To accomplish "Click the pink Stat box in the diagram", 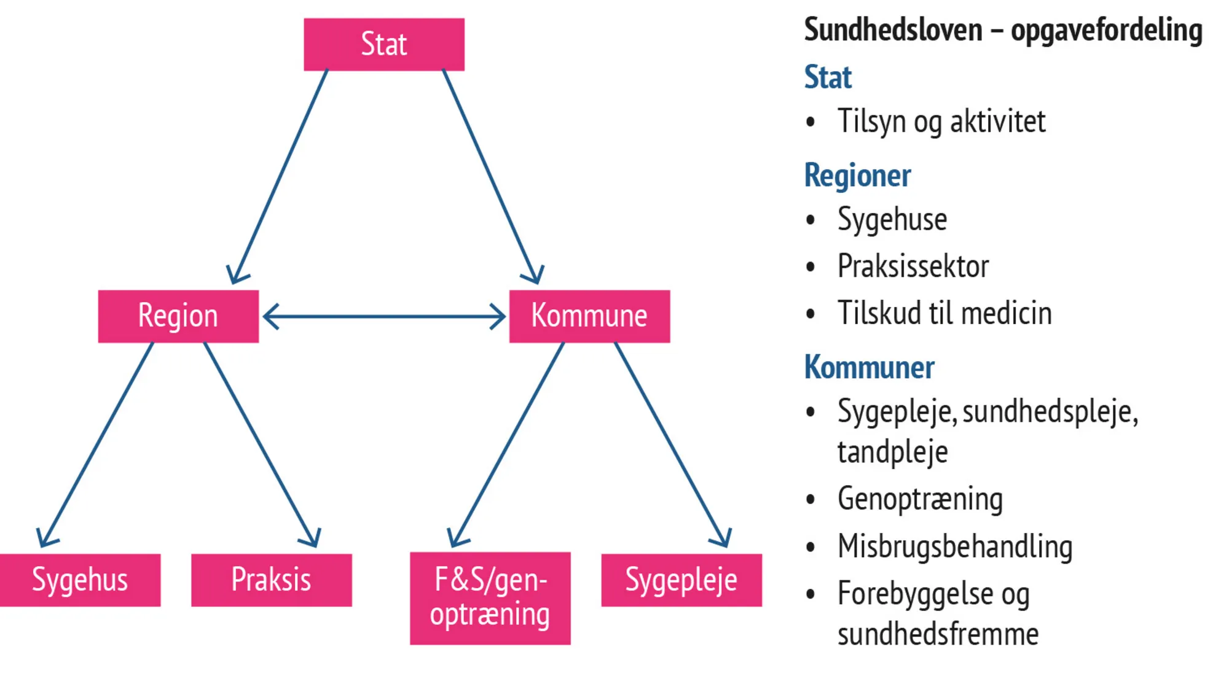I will coord(384,44).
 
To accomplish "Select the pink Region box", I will coord(178,316).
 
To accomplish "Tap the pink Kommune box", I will coord(589,316).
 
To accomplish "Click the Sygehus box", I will coord(80,580).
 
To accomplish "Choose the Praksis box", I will coord(271,580).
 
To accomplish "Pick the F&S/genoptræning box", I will coord(490,598).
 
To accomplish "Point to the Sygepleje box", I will coord(681,580).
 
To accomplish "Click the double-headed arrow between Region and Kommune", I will coord(384,317).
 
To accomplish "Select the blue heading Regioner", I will coord(857,176).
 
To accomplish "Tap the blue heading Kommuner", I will coord(869,367).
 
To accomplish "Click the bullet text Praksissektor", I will coord(913,266).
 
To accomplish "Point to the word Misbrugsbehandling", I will coord(955,546).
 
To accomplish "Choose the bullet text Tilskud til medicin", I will coord(944,313).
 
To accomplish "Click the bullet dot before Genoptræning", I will coord(811,499).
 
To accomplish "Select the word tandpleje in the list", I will coord(892,453).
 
